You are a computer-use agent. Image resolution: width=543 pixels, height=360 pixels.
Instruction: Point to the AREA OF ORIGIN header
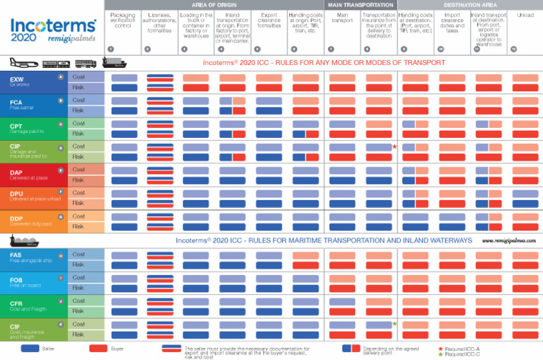tap(213, 5)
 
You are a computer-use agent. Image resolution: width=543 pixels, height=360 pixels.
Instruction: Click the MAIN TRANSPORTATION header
tap(361, 5)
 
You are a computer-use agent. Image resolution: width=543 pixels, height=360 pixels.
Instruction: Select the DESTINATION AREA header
tap(469, 5)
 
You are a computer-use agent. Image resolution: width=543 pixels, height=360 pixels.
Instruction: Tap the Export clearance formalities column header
tap(269, 20)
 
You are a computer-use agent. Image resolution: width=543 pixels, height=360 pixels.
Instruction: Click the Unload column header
tap(525, 15)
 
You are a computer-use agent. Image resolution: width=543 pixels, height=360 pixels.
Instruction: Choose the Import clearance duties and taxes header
tap(452, 23)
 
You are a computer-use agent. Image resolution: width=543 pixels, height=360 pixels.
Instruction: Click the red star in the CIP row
tap(395, 147)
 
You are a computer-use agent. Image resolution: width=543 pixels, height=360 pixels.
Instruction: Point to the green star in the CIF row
tap(395, 324)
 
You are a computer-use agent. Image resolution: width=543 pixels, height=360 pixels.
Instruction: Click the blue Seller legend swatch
tap(30, 349)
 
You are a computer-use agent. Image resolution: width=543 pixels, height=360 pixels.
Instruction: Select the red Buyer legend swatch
tap(98, 349)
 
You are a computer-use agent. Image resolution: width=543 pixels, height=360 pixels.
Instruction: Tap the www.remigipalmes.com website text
tap(508, 240)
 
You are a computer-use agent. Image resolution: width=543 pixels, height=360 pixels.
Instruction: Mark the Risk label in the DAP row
tap(78, 180)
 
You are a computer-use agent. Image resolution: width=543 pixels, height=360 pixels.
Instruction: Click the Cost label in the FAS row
tap(78, 255)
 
